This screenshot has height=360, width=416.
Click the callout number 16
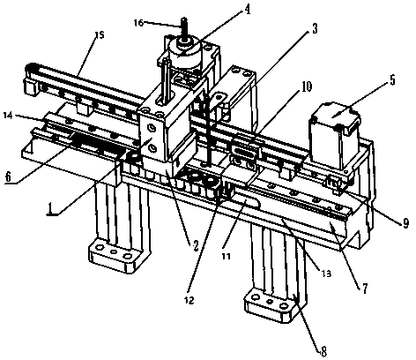tap(138, 23)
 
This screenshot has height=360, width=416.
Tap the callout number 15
tap(100, 35)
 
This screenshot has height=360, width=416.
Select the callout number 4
tap(248, 11)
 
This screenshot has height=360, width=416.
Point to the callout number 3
tap(315, 29)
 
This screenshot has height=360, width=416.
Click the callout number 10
tap(307, 86)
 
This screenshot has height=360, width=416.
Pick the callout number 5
tap(393, 80)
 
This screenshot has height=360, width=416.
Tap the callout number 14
tap(8, 116)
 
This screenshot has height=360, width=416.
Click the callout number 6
tap(8, 176)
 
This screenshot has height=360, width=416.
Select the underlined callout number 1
tap(51, 209)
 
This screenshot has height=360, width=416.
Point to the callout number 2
tap(196, 244)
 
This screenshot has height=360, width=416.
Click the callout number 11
tap(226, 256)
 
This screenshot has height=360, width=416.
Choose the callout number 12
tap(189, 300)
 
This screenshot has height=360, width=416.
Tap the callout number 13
tap(326, 274)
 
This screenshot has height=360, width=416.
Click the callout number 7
tap(364, 289)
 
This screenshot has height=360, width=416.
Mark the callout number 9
tap(405, 224)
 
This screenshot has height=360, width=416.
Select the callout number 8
tap(323, 351)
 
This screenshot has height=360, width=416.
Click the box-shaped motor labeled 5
tap(335, 135)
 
